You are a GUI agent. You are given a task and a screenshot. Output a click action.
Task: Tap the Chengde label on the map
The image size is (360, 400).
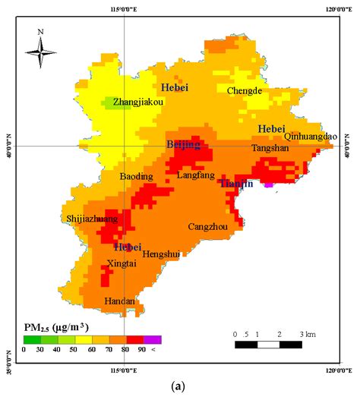pos(244,90)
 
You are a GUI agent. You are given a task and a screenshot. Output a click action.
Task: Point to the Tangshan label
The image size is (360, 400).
pos(270,148)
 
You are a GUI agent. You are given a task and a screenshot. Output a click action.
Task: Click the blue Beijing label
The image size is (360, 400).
pos(184,143)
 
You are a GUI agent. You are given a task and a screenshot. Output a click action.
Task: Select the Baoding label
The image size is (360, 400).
pos(136,177)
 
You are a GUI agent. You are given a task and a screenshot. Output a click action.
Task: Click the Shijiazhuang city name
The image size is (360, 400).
pos(92,219)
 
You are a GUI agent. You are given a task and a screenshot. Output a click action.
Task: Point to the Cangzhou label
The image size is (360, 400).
pos(207,227)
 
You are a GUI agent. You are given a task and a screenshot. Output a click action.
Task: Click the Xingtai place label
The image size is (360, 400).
pos(122,263)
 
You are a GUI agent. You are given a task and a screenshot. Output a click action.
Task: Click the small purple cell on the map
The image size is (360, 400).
pos(268,184)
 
